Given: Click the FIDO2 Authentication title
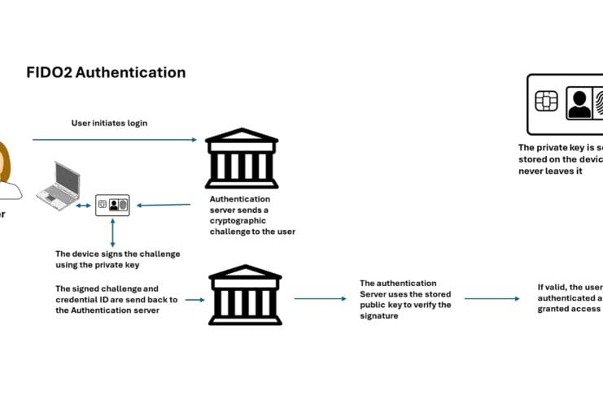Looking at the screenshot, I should click(x=106, y=72).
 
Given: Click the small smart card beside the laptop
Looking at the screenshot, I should click(x=112, y=206).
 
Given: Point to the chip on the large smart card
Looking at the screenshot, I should click(x=545, y=101).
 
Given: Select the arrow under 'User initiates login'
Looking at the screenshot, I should click(x=114, y=140).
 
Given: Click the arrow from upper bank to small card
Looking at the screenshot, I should click(x=162, y=205).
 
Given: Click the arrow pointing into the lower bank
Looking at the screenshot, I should click(x=193, y=300).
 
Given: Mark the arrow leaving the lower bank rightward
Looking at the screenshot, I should click(x=318, y=299).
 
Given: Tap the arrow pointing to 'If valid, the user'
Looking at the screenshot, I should click(x=492, y=298).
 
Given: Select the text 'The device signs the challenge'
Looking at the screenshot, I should click(x=117, y=254).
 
